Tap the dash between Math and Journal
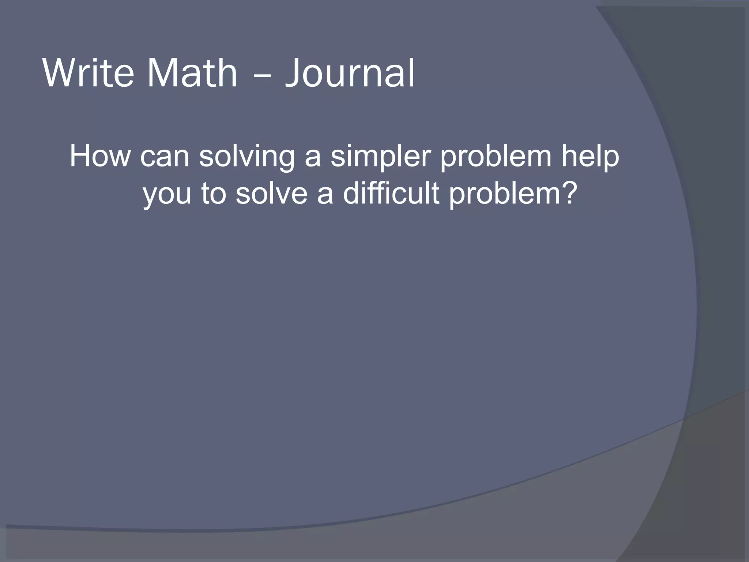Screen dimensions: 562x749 coord(261,75)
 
